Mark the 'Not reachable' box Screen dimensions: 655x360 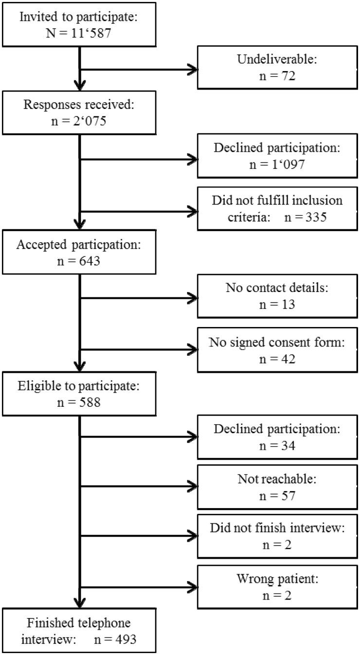tap(277, 488)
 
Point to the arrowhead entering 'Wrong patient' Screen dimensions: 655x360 tap(192, 589)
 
